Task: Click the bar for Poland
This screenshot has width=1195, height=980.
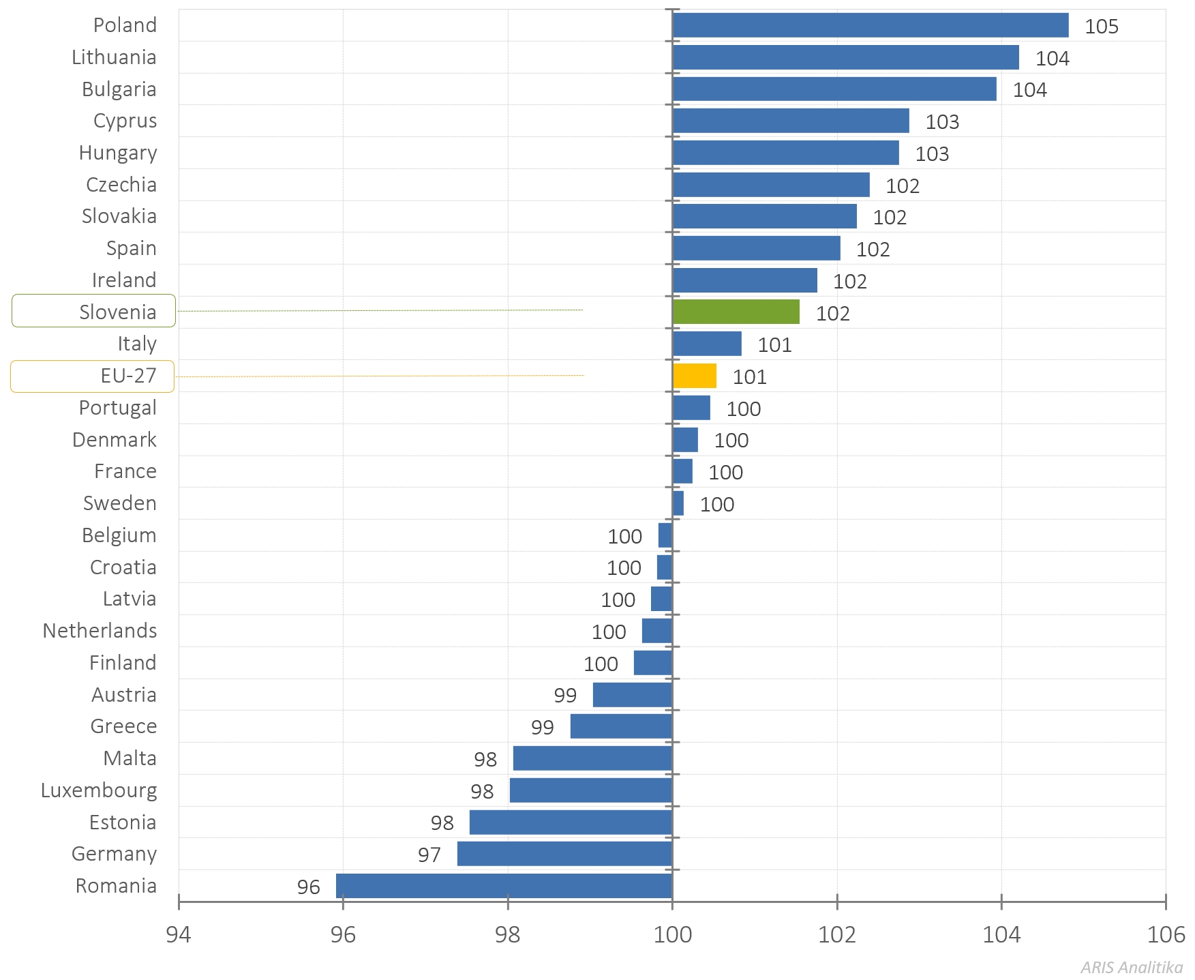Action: [x=870, y=25]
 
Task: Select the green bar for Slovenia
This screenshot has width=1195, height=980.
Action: [x=736, y=312]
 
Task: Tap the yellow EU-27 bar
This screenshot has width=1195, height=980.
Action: [x=694, y=376]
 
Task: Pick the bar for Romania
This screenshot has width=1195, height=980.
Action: [x=504, y=886]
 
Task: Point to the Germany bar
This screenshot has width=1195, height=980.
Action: [x=564, y=854]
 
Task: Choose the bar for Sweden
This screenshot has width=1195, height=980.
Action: [x=678, y=503]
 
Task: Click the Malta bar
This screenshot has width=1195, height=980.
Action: [x=592, y=758]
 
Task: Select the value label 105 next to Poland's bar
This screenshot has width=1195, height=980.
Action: [x=1101, y=27]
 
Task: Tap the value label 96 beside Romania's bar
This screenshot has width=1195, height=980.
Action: [x=308, y=887]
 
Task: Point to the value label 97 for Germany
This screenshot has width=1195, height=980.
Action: [x=429, y=855]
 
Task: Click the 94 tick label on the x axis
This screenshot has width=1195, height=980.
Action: [x=179, y=934]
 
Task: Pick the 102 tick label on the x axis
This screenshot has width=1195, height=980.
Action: [x=836, y=934]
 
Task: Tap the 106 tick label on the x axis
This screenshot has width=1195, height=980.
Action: [x=1165, y=934]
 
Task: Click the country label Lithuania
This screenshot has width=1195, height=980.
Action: [x=114, y=57]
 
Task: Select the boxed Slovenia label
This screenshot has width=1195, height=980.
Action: [x=93, y=311]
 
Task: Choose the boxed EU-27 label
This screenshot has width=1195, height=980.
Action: [x=93, y=376]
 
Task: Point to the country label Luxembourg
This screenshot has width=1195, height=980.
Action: [x=99, y=790]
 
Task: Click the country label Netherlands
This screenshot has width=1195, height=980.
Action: [x=100, y=631]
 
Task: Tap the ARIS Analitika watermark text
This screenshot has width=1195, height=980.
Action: [x=1131, y=967]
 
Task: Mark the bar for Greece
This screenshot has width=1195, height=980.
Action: [x=621, y=726]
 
